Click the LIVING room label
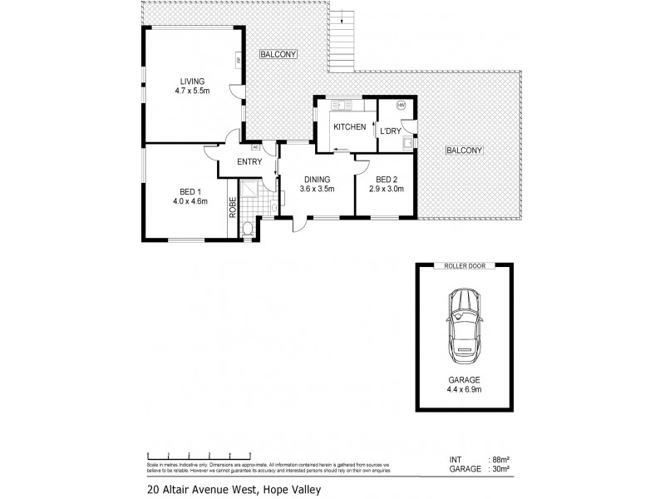[190, 82]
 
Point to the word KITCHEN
[349, 127]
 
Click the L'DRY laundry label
[389, 131]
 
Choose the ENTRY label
[249, 161]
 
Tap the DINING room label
[317, 179]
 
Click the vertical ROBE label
[234, 205]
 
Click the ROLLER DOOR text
[465, 267]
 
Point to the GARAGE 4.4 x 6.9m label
[465, 383]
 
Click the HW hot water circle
[401, 106]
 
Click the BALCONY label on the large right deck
[464, 150]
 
